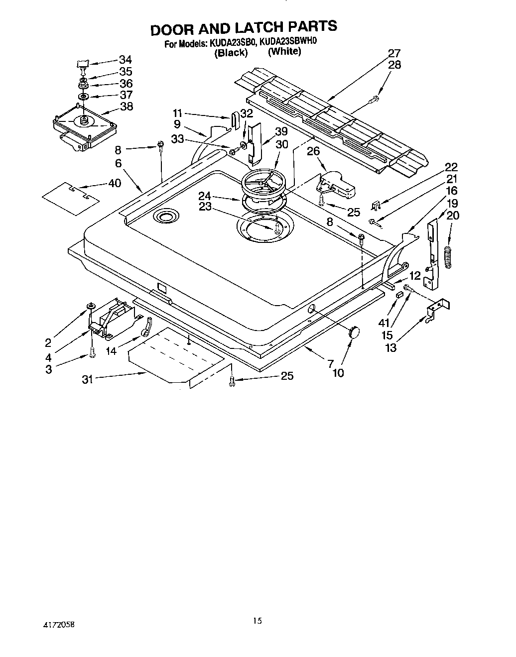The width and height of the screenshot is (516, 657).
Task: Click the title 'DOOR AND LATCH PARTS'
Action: (244, 28)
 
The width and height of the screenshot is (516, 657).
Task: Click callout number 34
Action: (126, 60)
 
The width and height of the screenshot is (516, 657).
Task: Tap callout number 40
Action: (114, 183)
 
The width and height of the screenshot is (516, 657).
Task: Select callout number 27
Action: (394, 53)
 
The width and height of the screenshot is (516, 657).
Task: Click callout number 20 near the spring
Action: (453, 215)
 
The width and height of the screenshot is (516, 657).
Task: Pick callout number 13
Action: (391, 347)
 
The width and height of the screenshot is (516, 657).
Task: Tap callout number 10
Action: (338, 372)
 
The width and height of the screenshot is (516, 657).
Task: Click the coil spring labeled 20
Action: (450, 258)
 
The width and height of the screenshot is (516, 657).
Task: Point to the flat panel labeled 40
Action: (71, 198)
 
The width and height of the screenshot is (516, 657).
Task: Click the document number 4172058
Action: (59, 623)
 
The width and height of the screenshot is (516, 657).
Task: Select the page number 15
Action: (257, 620)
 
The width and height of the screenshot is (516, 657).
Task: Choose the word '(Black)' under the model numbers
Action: (231, 53)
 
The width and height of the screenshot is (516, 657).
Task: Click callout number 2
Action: (48, 342)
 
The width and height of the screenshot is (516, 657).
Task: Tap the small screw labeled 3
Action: (92, 353)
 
